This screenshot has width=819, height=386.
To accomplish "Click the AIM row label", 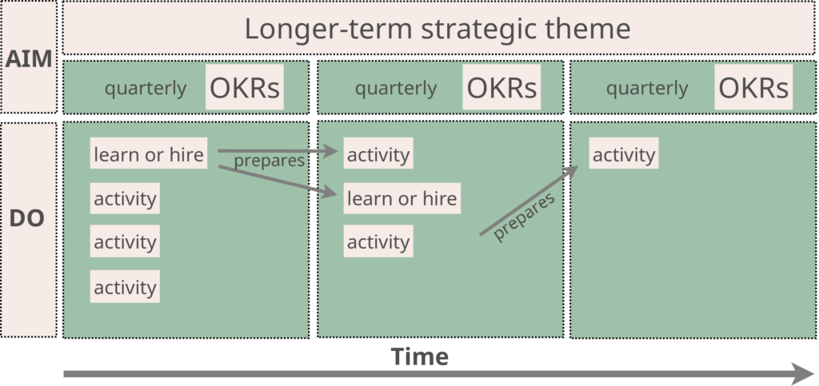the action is (x=29, y=59).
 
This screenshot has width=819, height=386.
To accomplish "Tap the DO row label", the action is (x=27, y=219).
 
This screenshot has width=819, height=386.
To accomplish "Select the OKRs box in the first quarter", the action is (x=245, y=87).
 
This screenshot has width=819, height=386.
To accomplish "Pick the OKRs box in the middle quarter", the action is (x=501, y=87).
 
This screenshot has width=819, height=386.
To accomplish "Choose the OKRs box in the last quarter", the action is (x=753, y=87).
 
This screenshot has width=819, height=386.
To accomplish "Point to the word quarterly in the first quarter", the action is (x=146, y=89).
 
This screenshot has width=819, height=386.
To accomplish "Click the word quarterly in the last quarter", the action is (x=646, y=89).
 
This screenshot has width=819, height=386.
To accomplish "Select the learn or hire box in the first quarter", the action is (x=149, y=153).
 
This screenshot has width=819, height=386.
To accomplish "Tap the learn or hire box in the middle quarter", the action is (x=402, y=198).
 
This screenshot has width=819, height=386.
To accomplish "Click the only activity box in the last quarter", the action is (x=624, y=153).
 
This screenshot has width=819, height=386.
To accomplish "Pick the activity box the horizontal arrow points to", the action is (x=378, y=153).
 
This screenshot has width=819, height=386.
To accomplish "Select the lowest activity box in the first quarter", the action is (x=125, y=286).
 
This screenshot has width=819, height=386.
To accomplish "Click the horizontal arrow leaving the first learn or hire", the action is (x=278, y=151).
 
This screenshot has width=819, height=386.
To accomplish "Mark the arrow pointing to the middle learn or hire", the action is (x=278, y=181).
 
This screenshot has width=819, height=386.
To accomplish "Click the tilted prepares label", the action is (x=523, y=217).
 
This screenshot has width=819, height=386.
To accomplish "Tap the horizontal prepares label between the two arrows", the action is (x=269, y=161).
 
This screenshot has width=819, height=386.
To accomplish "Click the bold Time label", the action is (x=420, y=356).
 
